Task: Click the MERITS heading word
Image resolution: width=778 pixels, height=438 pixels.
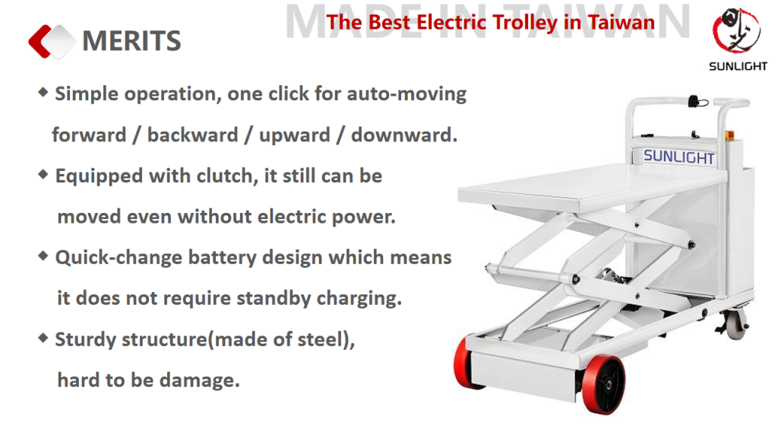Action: click(x=131, y=41)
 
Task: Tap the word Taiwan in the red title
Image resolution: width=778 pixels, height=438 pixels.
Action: click(x=621, y=22)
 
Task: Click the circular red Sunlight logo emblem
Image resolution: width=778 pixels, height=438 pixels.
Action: click(x=736, y=30)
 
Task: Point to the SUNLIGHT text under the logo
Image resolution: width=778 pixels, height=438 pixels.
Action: click(x=738, y=66)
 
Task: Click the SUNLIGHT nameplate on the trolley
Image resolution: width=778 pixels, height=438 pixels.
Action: click(x=678, y=157)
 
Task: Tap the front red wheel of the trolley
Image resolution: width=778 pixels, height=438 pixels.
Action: click(x=603, y=384)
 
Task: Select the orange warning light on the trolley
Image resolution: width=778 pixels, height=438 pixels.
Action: click(x=729, y=135)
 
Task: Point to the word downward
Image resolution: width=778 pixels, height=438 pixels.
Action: click(x=404, y=135)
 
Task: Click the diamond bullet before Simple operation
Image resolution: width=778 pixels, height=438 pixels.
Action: click(x=43, y=92)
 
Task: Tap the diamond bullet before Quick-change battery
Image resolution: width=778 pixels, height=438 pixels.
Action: click(x=43, y=255)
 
